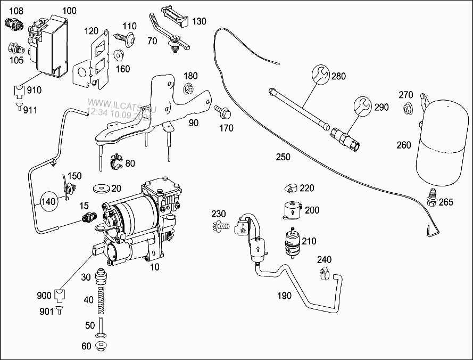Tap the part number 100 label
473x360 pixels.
(69, 11)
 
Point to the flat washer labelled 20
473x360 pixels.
(99, 188)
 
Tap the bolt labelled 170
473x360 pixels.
(221, 112)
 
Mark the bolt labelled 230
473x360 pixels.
(219, 227)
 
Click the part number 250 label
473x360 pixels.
(283, 157)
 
